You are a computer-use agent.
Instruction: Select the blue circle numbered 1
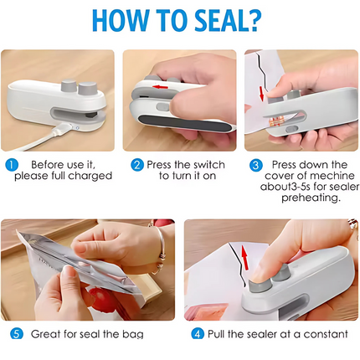click(x=11, y=165)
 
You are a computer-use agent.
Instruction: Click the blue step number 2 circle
click(x=136, y=165)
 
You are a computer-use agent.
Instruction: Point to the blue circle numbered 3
click(x=256, y=165)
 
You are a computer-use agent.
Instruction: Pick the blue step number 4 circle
click(x=198, y=334)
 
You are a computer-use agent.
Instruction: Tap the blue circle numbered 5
click(x=17, y=334)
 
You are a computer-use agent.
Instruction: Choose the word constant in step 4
click(x=323, y=334)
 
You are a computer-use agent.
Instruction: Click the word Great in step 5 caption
click(x=48, y=334)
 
